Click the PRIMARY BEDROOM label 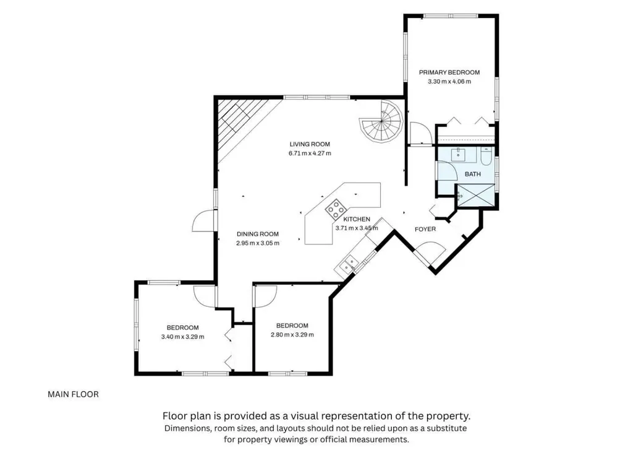[449, 72]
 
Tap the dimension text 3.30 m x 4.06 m [449, 81]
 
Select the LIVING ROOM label [310, 144]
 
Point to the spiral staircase [381, 121]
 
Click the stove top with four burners [336, 209]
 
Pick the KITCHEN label [357, 219]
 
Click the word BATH [473, 174]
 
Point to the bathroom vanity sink [458, 154]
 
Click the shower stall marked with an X [475, 196]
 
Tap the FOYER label [425, 229]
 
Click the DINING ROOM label [258, 234]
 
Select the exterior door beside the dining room [204, 220]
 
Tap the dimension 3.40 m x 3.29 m [182, 337]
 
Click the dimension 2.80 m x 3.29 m [292, 335]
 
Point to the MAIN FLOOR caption [73, 394]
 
